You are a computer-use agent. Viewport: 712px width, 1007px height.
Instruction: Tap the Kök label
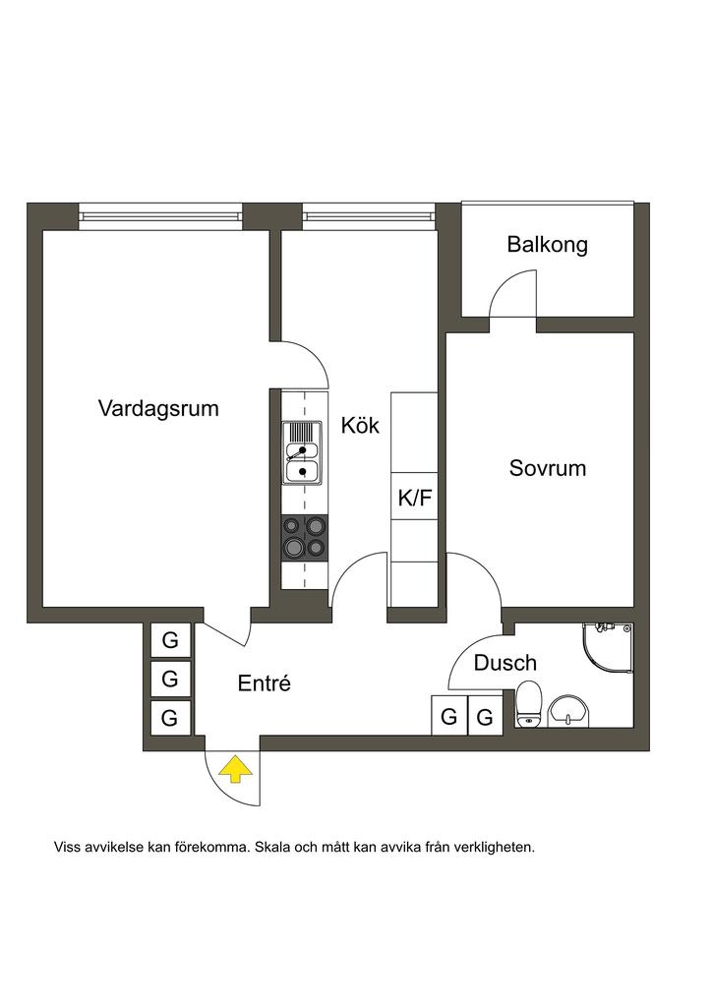tap(360, 426)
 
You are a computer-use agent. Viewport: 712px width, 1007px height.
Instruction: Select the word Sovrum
tap(547, 468)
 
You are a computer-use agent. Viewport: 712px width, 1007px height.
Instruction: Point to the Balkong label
tap(547, 245)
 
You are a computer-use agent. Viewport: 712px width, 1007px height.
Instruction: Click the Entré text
tap(265, 683)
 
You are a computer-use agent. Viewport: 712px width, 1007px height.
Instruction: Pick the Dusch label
tap(505, 664)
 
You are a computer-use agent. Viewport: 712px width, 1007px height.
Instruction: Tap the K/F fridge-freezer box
tap(414, 498)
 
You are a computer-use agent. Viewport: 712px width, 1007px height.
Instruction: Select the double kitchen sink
tap(302, 452)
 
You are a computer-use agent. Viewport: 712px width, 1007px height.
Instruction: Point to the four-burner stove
tap(303, 538)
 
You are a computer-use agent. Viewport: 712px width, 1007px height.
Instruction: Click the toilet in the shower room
tap(529, 704)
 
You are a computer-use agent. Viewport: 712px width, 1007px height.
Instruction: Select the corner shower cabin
tap(607, 648)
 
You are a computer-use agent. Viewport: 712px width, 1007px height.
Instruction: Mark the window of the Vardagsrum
tap(159, 210)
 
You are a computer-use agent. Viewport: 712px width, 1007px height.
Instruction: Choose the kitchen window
tap(367, 210)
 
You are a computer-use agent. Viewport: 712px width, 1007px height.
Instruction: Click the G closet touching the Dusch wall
tap(485, 717)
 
